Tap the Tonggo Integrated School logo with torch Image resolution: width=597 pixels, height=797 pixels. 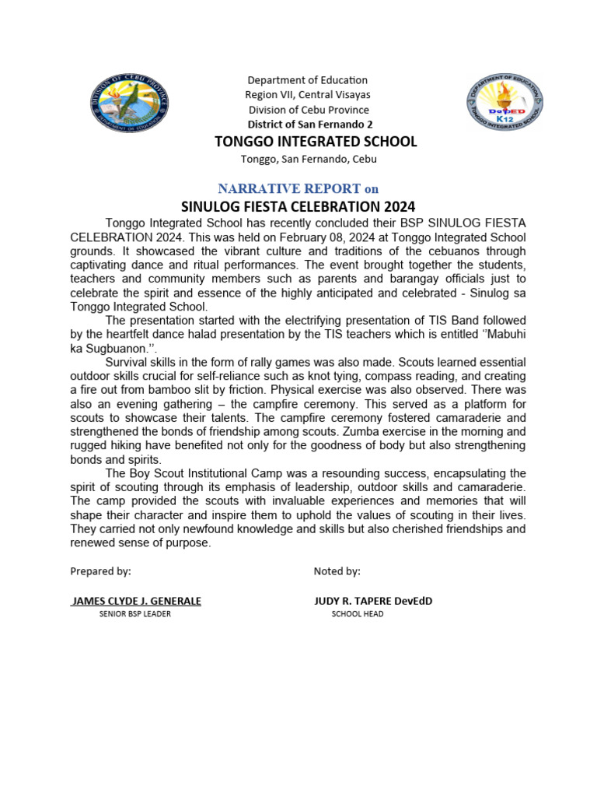504,103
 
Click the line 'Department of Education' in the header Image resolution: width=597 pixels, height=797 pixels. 307,80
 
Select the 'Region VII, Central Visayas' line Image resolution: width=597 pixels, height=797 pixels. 307,95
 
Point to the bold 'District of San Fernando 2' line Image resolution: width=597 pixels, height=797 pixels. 309,125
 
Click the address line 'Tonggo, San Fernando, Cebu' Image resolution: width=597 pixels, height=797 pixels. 309,159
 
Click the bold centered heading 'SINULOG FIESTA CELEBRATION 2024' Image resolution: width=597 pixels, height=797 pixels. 298,207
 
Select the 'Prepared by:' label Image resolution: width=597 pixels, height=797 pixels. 101,571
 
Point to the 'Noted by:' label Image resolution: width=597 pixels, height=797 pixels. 337,571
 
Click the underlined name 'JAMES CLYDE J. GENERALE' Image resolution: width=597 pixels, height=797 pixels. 136,601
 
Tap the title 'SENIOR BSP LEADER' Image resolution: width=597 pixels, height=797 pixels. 134,614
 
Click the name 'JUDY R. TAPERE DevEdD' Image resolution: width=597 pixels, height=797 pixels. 372,601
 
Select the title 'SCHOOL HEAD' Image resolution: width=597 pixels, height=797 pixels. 357,614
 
